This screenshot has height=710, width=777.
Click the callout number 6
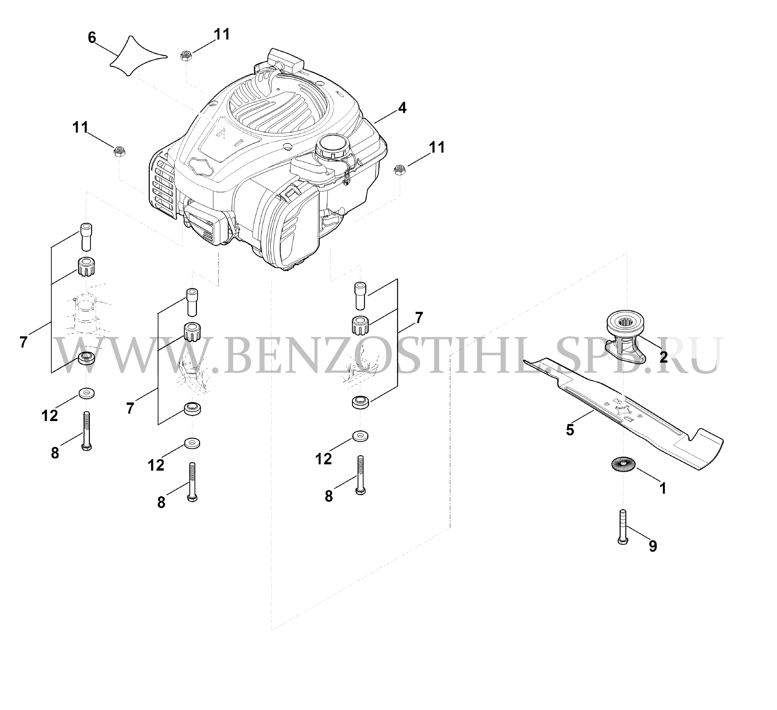[x=92, y=38]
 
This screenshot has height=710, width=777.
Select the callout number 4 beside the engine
[x=402, y=108]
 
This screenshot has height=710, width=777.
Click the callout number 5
[x=570, y=430]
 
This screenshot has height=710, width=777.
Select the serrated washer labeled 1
[x=623, y=464]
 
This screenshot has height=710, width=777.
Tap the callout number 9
[x=652, y=546]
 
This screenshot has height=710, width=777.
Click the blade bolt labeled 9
[x=623, y=527]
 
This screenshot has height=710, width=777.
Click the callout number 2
[x=663, y=357]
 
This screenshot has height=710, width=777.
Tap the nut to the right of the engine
[x=399, y=170]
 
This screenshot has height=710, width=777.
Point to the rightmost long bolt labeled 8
[x=361, y=475]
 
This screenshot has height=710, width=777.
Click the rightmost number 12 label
[x=323, y=459]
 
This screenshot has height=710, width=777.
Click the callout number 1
[x=663, y=489]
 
